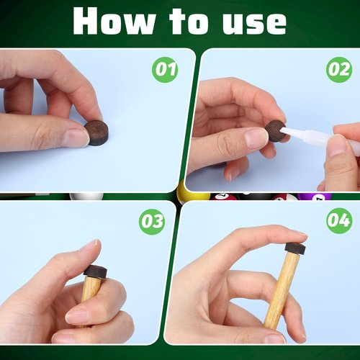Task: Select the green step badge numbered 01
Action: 166,71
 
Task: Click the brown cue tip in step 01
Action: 96,132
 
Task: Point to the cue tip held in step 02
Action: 275,130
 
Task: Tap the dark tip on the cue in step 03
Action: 95,271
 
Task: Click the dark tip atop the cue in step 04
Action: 294,248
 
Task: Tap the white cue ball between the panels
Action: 85,196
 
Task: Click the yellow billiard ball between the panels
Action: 192,194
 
